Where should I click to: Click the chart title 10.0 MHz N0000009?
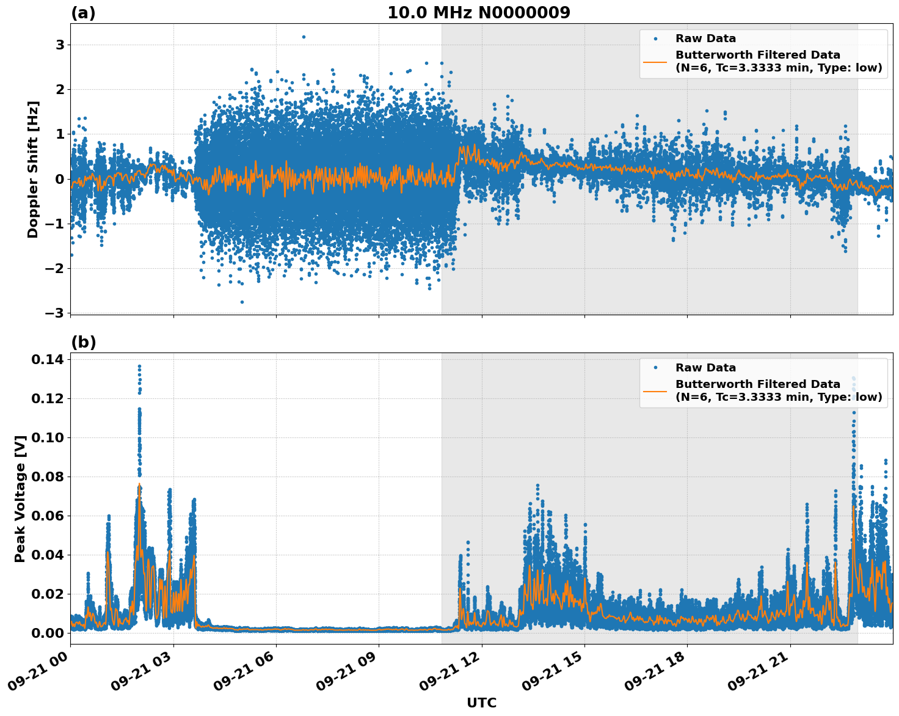(x=478, y=13)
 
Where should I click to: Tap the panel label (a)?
(x=83, y=13)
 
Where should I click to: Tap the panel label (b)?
(x=83, y=342)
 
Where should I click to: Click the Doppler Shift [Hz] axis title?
(x=33, y=169)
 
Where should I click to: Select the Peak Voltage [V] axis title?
(x=20, y=499)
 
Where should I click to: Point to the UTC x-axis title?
(x=481, y=703)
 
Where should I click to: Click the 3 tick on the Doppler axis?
(x=60, y=45)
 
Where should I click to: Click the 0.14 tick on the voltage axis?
(x=47, y=359)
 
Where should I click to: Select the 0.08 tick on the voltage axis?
(x=47, y=477)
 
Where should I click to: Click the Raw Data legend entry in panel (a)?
(x=705, y=38)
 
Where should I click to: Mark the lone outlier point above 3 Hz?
(x=304, y=37)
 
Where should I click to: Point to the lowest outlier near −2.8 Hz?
(x=242, y=302)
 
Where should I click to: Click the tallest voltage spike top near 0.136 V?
(x=139, y=367)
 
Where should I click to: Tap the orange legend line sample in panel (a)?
(x=655, y=62)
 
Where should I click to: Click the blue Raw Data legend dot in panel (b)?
(x=655, y=368)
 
